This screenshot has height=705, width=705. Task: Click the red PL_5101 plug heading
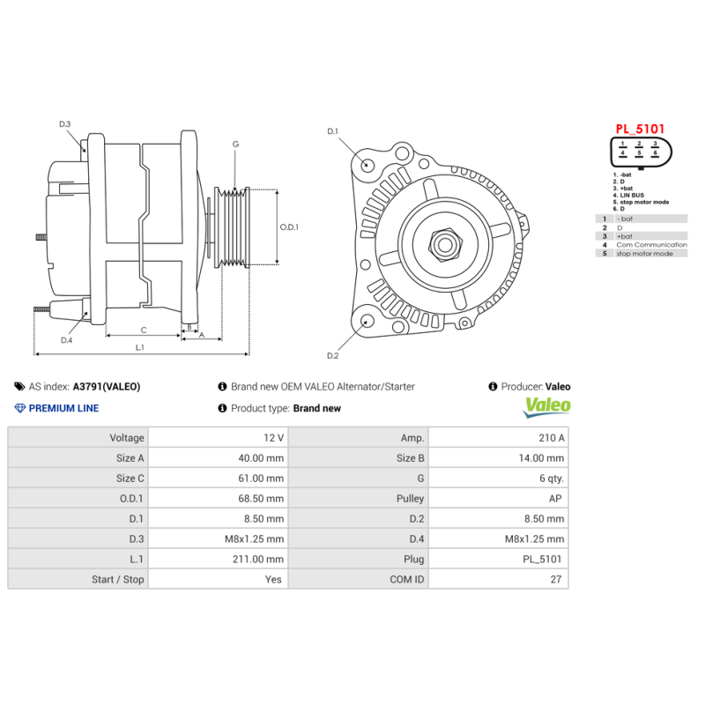(x=640, y=129)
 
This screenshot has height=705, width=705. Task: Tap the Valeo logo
(x=547, y=407)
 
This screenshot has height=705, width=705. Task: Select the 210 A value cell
(x=551, y=438)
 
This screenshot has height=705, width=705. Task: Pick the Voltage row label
(x=127, y=438)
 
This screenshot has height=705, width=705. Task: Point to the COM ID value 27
(x=555, y=580)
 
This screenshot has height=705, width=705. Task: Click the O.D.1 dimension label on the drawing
(x=289, y=226)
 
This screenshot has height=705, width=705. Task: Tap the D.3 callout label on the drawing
(x=64, y=124)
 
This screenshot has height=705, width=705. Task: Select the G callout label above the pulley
(x=235, y=144)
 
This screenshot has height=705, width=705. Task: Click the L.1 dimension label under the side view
(x=140, y=347)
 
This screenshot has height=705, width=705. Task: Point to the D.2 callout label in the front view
(x=332, y=356)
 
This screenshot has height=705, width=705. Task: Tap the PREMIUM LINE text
(x=63, y=408)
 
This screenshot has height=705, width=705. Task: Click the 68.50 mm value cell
(x=262, y=499)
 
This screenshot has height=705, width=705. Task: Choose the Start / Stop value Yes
(x=273, y=580)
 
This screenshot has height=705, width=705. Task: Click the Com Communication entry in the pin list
(x=651, y=245)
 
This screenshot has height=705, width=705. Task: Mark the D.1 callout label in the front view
(x=332, y=131)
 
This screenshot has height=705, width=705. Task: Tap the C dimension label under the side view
(x=143, y=330)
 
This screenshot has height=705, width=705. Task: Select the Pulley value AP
(x=556, y=499)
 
